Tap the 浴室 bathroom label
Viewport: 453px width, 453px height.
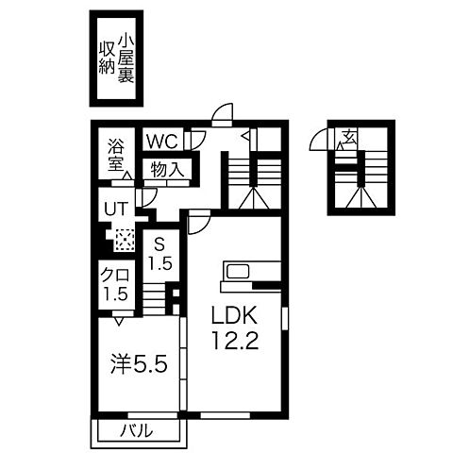pos(116,154)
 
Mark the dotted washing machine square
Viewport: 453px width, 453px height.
pos(125,239)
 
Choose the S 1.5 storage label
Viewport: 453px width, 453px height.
pos(160,251)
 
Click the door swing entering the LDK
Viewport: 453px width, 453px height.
pos(199,223)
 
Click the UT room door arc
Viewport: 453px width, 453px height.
pos(146,197)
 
